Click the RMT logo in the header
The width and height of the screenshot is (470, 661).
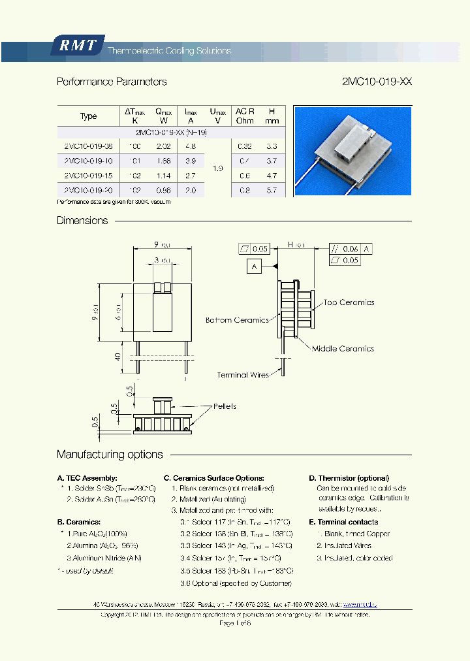(x=78, y=46)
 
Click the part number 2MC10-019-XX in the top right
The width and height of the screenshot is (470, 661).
(x=377, y=82)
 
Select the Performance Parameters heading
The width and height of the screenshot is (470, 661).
(x=112, y=82)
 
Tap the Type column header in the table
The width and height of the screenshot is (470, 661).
(x=88, y=116)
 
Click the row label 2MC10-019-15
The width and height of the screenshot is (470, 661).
(x=88, y=176)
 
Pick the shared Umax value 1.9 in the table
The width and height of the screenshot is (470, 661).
(x=217, y=169)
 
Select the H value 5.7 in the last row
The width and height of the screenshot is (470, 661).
(x=272, y=191)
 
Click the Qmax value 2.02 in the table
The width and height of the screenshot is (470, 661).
(x=163, y=146)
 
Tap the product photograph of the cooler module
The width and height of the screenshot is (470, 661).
(x=352, y=151)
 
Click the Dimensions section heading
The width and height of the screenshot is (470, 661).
(x=82, y=221)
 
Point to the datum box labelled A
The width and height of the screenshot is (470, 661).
(x=255, y=266)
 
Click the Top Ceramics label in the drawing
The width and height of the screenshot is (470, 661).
(x=349, y=302)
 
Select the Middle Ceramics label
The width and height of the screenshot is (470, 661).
(x=343, y=349)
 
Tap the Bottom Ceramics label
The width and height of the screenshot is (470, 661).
(x=237, y=320)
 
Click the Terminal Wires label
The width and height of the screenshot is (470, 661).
(x=242, y=375)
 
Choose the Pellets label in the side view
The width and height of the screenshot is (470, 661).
(x=225, y=406)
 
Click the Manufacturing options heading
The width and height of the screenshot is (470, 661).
(x=110, y=455)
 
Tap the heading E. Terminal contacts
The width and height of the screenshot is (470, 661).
(x=343, y=522)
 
